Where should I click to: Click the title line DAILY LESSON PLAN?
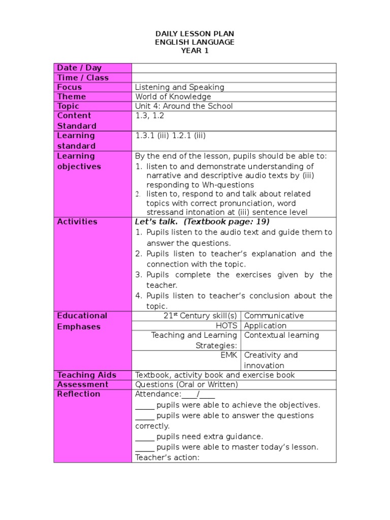(194, 34)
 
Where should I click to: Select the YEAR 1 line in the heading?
(194, 50)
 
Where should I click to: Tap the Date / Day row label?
(79, 68)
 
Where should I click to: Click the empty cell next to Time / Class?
(234, 78)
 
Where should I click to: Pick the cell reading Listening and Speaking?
(180, 87)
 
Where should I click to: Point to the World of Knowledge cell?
(173, 97)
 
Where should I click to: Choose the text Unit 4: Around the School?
(184, 106)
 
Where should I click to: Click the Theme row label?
(72, 97)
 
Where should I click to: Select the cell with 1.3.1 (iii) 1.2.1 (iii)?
(170, 136)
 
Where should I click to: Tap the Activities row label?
(77, 222)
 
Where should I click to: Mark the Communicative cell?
(274, 316)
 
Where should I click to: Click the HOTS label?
(226, 326)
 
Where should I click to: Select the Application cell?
(265, 326)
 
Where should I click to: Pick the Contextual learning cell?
(281, 335)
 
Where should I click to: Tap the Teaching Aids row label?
(87, 375)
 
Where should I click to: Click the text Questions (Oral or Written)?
(186, 384)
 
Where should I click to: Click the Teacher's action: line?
(167, 458)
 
